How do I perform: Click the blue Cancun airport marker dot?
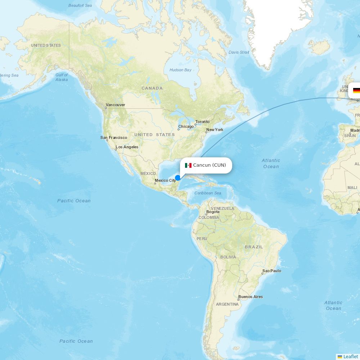[x=177, y=178]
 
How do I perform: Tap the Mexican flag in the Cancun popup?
[x=188, y=165]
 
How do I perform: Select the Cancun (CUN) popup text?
[x=210, y=165]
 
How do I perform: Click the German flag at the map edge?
[x=356, y=90]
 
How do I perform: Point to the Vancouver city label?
[x=115, y=105]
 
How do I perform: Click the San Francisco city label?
[x=114, y=138]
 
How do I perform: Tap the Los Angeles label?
[x=127, y=147]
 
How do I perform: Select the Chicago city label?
[x=186, y=126]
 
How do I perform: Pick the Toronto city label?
[x=202, y=122]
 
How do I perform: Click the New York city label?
[x=215, y=130]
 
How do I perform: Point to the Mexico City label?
[x=165, y=180]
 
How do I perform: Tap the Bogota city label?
[x=213, y=212]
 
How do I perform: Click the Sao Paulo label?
[x=272, y=271]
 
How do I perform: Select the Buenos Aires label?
[x=251, y=297]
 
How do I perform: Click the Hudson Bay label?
[x=180, y=70]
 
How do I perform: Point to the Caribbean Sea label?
[x=208, y=193]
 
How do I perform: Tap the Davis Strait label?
[x=239, y=52]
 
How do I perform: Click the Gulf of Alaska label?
[x=62, y=77]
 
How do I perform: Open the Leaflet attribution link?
[x=350, y=356]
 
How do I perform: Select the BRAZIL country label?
[x=254, y=247]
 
